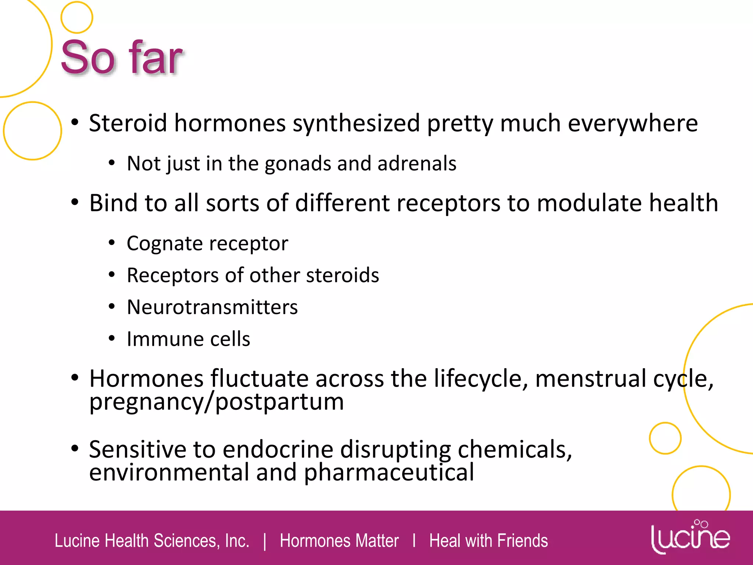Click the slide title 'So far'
121,58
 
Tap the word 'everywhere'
632,124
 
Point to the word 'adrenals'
417,163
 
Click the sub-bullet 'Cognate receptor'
207,244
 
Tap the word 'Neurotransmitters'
212,307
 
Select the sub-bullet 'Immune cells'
188,339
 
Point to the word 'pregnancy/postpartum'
217,402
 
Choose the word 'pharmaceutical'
389,472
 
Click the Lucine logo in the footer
690,536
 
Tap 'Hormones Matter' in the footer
339,541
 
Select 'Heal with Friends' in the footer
488,541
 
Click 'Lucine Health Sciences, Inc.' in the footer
152,541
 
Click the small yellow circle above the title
76,17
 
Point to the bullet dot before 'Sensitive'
75,448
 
